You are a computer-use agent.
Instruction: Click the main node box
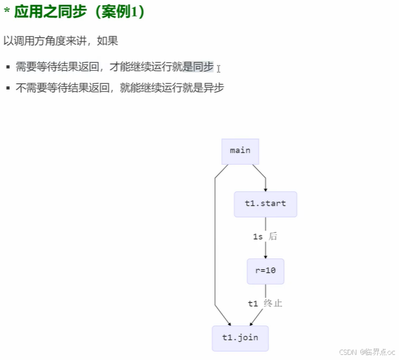[x=240, y=151]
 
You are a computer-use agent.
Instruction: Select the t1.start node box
[x=265, y=204]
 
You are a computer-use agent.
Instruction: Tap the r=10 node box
[x=265, y=271]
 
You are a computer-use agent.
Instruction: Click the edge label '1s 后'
[x=265, y=237]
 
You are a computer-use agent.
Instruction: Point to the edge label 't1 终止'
[x=265, y=304]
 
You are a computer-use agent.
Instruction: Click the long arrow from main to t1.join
[x=214, y=248]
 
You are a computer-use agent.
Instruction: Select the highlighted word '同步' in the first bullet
[x=204, y=67]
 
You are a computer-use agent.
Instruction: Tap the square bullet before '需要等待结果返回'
[x=8, y=68]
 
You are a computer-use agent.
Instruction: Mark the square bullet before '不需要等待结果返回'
[x=8, y=88]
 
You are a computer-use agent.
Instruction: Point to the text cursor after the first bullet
[x=219, y=69]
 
